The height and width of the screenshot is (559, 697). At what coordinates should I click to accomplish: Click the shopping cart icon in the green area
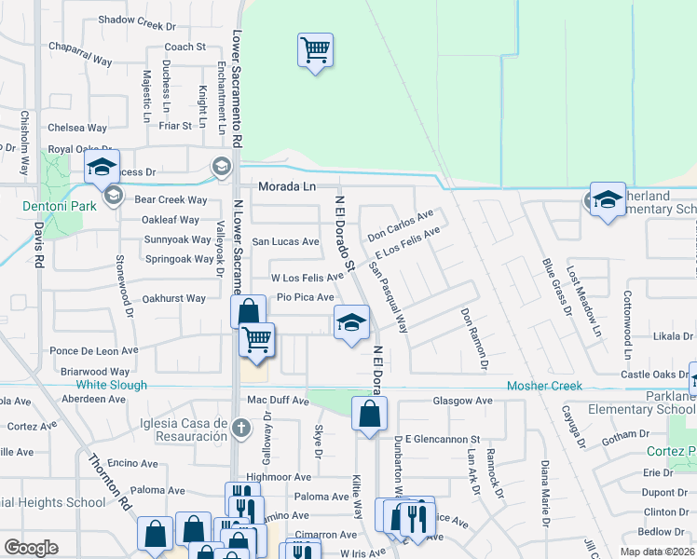click(x=315, y=49)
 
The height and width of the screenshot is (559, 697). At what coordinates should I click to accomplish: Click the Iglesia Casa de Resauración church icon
click(x=240, y=429)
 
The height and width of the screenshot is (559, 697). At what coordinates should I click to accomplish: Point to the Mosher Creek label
click(x=544, y=386)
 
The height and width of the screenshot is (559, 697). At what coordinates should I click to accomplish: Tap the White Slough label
click(x=111, y=385)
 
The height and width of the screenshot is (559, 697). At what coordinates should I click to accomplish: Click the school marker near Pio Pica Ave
click(x=350, y=323)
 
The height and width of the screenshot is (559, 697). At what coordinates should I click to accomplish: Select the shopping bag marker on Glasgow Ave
click(x=369, y=412)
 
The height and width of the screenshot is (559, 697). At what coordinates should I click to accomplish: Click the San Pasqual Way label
click(x=389, y=297)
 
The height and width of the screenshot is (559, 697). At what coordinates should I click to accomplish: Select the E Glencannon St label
click(x=442, y=439)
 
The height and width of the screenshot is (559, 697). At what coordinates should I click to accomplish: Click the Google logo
click(x=31, y=548)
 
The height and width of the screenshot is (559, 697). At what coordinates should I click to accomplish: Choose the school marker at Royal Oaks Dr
click(x=101, y=169)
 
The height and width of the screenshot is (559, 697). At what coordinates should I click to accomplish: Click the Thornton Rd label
click(x=110, y=483)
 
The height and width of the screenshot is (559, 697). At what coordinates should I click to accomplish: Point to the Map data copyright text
click(x=657, y=552)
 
